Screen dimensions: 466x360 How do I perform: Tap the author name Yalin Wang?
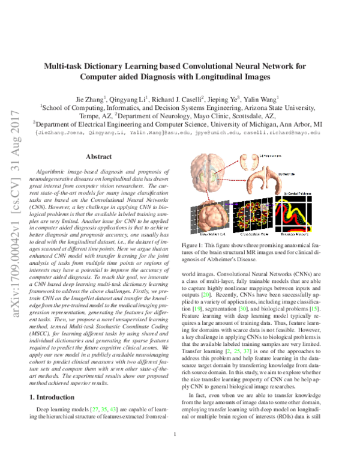(x=258, y=97)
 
